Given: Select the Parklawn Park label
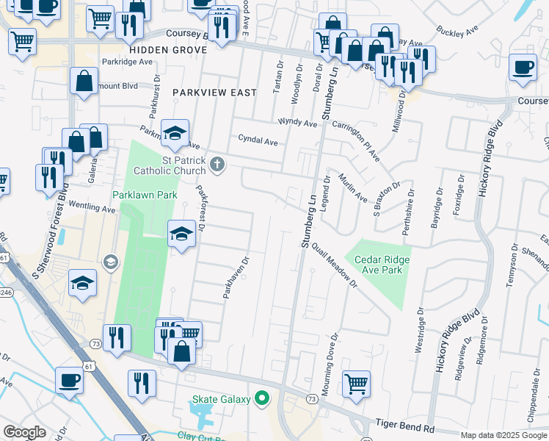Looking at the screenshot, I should (x=145, y=196).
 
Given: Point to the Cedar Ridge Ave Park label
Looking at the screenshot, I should (x=382, y=265).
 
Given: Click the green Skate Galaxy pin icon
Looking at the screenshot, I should (x=262, y=400).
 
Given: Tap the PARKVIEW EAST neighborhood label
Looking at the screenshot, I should (x=215, y=93).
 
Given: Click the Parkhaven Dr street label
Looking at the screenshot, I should (x=237, y=277).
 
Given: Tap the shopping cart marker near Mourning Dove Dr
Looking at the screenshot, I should (x=356, y=382).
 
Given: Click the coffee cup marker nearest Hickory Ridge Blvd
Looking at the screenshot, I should (x=523, y=67).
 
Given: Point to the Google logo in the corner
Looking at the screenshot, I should (x=24, y=432).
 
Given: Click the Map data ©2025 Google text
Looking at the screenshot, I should (x=503, y=435).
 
